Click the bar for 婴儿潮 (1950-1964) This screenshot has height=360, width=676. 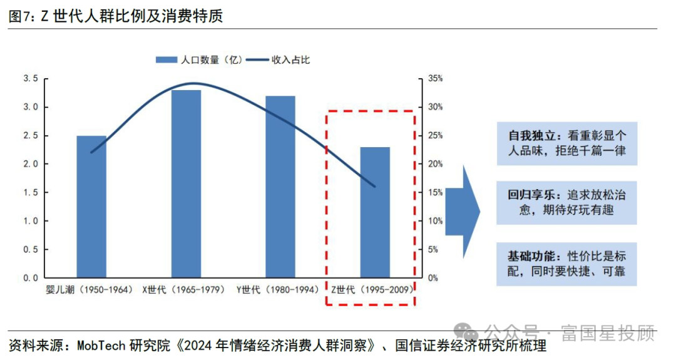point(91,207)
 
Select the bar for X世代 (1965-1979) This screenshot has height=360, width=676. point(186,183)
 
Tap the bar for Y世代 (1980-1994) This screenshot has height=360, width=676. point(280,187)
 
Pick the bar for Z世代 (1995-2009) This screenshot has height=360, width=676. point(375,212)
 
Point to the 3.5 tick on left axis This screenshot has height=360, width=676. point(31,78)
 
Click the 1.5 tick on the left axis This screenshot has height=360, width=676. point(31,192)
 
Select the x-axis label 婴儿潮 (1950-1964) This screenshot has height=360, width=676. point(90,290)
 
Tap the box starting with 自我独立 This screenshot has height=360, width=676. point(566,143)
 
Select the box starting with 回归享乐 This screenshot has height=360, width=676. point(566,203)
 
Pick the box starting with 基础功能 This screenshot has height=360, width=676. point(566,264)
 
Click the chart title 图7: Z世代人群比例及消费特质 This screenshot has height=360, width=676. point(116,17)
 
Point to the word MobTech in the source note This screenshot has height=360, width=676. point(101,346)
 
